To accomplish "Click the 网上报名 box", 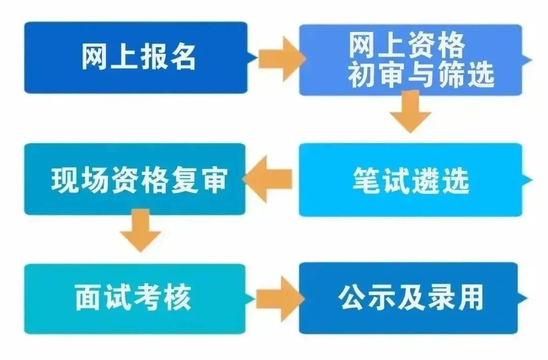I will (136, 57).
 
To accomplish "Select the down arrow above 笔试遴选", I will (410, 113).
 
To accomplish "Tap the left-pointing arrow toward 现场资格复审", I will (269, 179).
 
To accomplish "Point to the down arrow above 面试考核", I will (140, 231).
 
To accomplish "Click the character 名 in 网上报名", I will (181, 57).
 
